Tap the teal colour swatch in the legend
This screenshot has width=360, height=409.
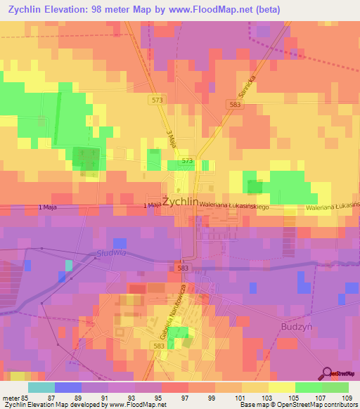pyautogui.click(x=41, y=387)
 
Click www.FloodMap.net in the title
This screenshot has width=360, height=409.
pyautogui.click(x=211, y=10)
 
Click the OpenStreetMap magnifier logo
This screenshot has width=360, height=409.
pyautogui.click(x=326, y=373)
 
